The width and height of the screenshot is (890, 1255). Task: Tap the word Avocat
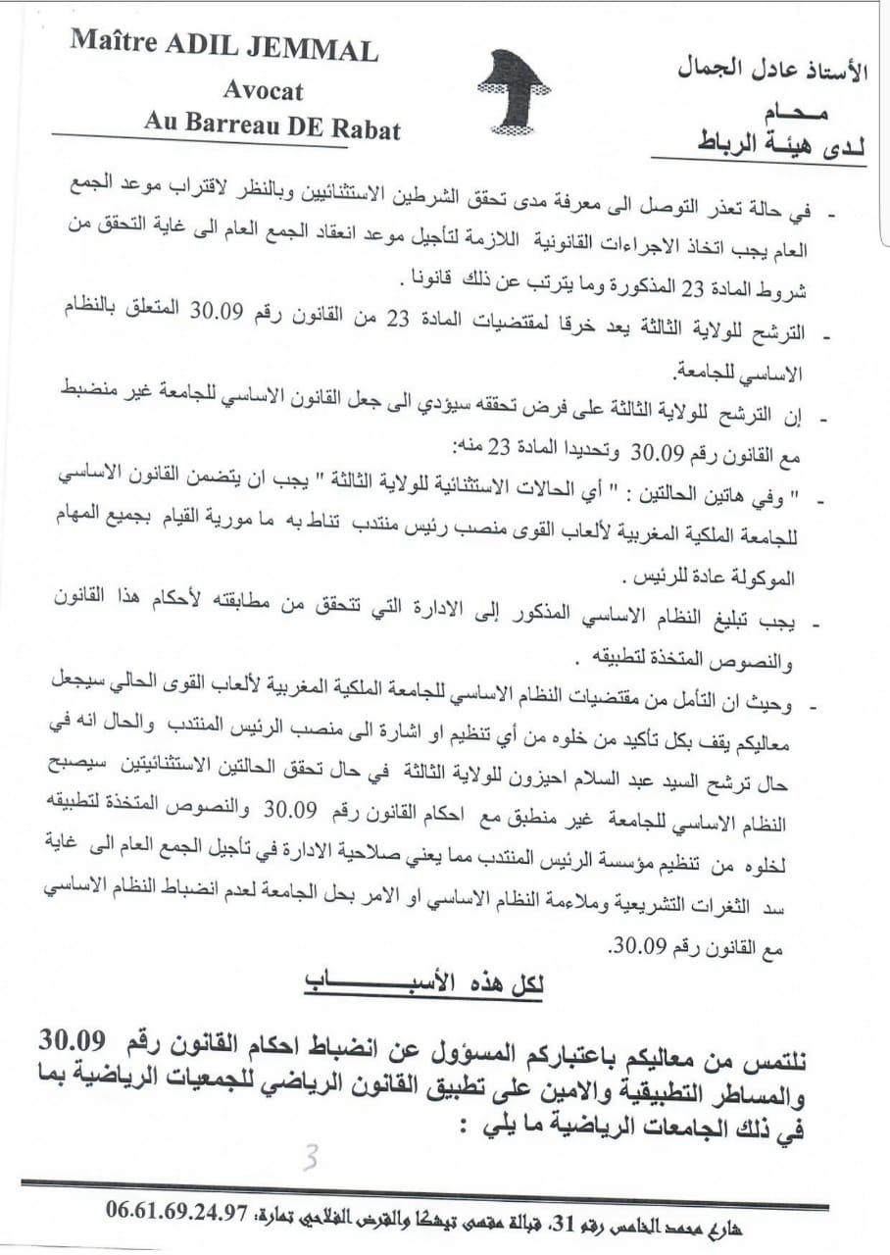coord(263,90)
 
